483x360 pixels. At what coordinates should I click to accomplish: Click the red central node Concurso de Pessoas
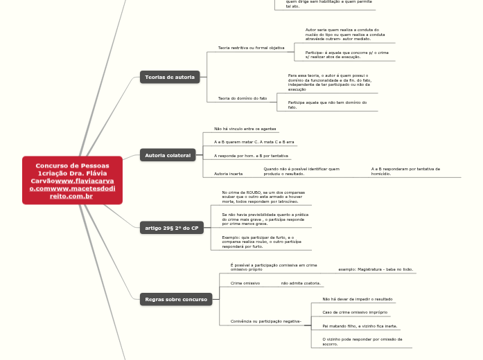72,180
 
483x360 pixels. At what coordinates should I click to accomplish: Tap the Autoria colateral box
168,155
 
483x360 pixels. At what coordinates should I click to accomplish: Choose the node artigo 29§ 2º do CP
171,227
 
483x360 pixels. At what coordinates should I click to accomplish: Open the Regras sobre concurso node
176,299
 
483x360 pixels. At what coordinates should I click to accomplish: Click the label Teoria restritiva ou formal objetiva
251,48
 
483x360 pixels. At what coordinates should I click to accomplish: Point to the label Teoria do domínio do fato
243,98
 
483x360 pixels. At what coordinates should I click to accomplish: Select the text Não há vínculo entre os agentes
245,129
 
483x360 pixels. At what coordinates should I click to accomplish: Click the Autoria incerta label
228,173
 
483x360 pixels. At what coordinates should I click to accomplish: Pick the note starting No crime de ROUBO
263,197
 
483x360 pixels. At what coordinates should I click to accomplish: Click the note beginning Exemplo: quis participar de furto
258,242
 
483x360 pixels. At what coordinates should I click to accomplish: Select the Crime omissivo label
245,283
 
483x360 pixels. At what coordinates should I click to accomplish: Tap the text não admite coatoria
301,283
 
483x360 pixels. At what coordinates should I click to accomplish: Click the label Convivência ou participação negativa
265,321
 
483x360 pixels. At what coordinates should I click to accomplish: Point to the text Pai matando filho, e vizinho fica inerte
360,325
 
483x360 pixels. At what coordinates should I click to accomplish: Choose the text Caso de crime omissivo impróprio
354,312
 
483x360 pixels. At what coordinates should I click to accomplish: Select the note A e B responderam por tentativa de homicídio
405,171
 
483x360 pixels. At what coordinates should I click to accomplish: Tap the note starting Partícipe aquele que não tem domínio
327,105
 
